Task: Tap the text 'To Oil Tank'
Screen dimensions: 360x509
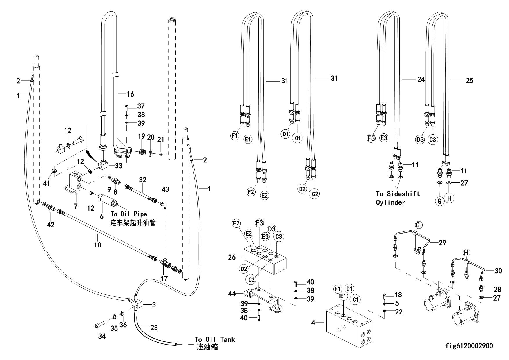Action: (x=214, y=339)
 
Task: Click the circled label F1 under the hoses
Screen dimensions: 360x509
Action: (x=234, y=135)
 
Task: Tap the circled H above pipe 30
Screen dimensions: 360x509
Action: (x=466, y=253)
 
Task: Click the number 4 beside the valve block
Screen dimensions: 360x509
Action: (x=314, y=322)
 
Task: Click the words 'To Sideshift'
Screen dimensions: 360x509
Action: (x=398, y=194)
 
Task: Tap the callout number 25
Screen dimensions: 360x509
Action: (x=469, y=80)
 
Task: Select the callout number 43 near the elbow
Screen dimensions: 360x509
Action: (x=165, y=189)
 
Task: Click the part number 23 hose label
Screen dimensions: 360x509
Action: (x=154, y=328)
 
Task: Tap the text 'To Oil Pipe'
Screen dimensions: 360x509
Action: (x=128, y=214)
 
